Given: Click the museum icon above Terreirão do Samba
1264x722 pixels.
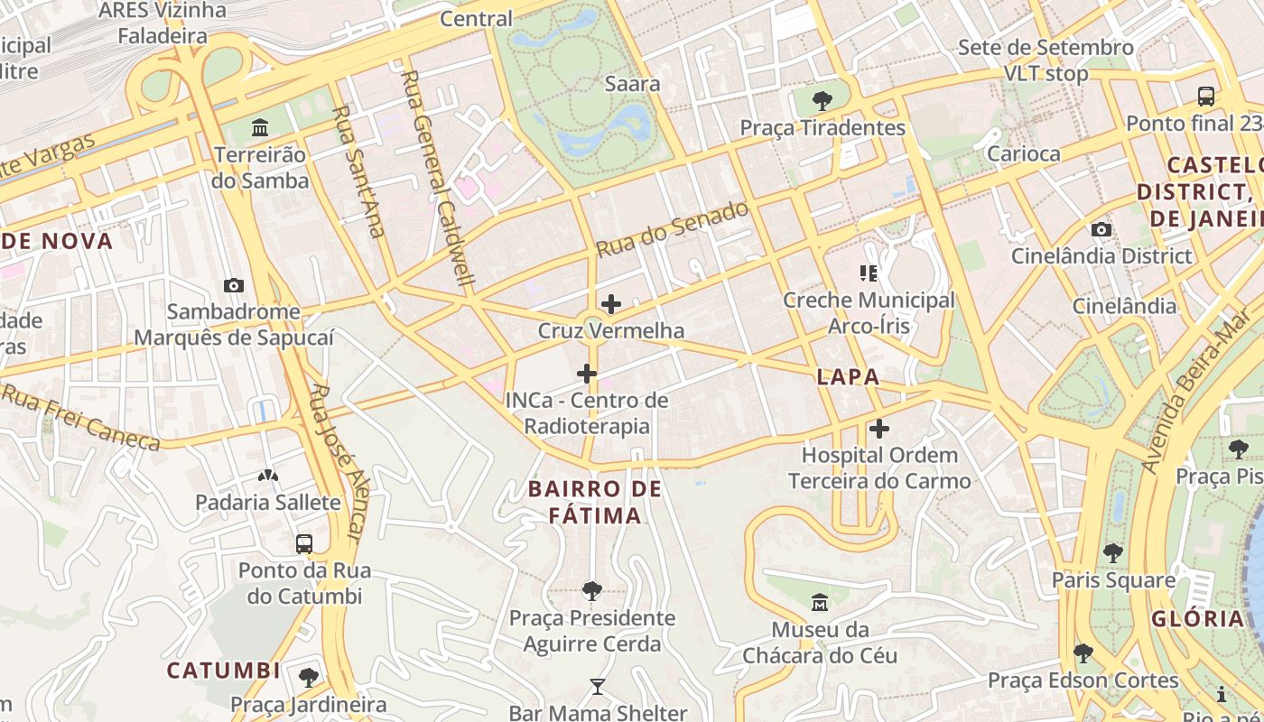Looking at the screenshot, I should pos(261,127).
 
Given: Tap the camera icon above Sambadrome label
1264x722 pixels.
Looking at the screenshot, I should pos(234,285).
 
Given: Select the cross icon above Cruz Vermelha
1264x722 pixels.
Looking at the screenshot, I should pos(611,304).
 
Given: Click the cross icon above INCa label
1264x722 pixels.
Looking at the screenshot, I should pos(587,373).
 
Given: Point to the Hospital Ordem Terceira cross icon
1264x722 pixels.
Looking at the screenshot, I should pos(879,429).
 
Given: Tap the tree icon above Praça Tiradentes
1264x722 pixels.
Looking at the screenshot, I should pos(822,100).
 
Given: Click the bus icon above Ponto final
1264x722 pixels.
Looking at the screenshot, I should pos(1205,97).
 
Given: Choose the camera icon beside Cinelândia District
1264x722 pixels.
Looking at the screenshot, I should pos(1101,229).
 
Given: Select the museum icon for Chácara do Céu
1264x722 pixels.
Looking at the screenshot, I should pos(820,602).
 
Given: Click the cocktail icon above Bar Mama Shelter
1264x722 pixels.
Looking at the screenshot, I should pos(597,687).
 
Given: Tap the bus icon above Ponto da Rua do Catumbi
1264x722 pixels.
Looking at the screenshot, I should pos(304,543).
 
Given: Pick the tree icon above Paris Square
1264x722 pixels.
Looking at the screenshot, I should pos(1113,552).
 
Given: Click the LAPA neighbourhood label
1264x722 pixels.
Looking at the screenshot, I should pos(848,377).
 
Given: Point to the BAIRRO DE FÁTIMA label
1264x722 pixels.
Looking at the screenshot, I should pos(595,503).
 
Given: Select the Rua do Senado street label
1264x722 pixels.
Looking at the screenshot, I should pos(673,228).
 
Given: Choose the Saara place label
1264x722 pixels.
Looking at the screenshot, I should pos(632,84).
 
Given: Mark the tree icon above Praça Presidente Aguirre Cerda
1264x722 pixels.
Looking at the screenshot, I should pos(592,591).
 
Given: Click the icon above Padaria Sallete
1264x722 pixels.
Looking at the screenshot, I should pos(268,475).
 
